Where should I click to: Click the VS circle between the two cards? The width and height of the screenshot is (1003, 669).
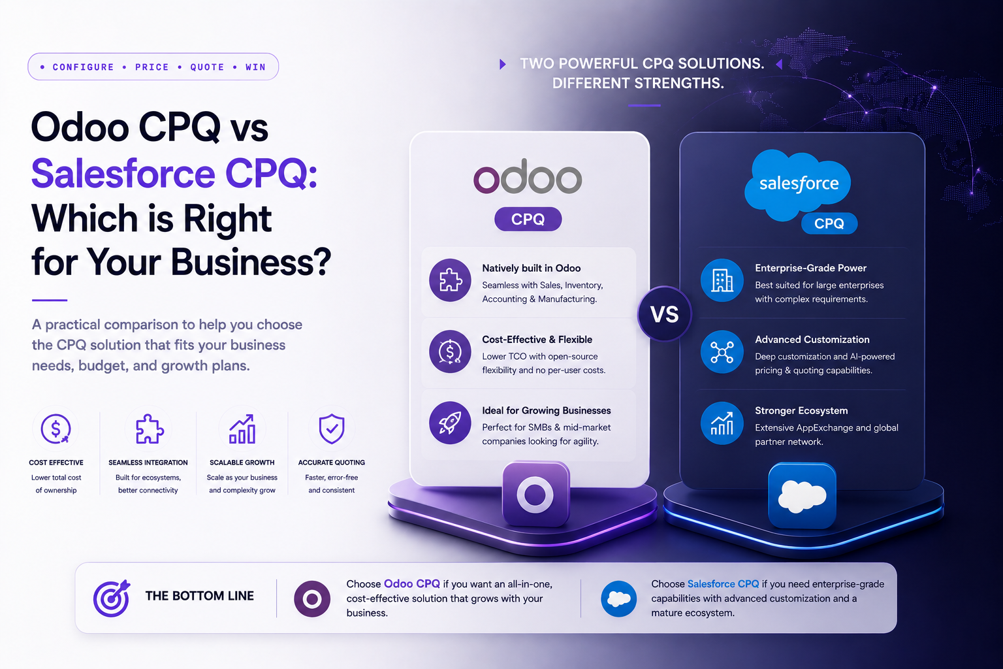[x=665, y=314]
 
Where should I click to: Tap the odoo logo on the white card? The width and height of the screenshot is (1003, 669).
[x=528, y=176]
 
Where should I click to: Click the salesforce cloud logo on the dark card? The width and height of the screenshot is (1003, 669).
[x=797, y=185]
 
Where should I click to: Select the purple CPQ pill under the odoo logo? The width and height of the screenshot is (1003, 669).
[x=528, y=219]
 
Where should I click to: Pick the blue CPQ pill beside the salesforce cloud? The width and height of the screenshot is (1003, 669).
[x=829, y=223]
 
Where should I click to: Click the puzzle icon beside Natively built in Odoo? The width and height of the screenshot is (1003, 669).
[x=450, y=280]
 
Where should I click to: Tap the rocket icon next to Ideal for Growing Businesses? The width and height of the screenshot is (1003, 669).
[x=450, y=423]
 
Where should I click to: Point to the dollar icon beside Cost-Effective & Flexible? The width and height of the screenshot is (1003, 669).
[x=450, y=351]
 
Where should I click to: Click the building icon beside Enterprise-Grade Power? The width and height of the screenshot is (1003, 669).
[x=722, y=280]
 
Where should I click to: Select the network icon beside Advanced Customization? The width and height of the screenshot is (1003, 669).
[x=722, y=351]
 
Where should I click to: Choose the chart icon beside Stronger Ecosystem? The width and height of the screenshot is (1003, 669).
[x=722, y=423]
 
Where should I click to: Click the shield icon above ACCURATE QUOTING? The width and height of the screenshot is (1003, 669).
[x=332, y=429]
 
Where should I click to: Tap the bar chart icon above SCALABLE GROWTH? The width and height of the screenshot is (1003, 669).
[x=242, y=429]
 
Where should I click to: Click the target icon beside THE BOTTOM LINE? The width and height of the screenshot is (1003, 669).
[x=112, y=598]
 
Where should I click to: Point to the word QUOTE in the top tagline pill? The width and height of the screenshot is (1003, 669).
[x=207, y=67]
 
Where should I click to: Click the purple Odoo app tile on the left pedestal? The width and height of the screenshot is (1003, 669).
[x=536, y=494]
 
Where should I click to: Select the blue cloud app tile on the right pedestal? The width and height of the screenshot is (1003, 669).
[x=802, y=496]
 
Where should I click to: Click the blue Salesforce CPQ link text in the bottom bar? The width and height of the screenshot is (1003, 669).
[x=723, y=584]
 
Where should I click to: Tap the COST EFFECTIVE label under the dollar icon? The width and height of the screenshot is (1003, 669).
[x=56, y=463]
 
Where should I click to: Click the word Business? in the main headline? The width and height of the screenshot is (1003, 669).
[x=251, y=262]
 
